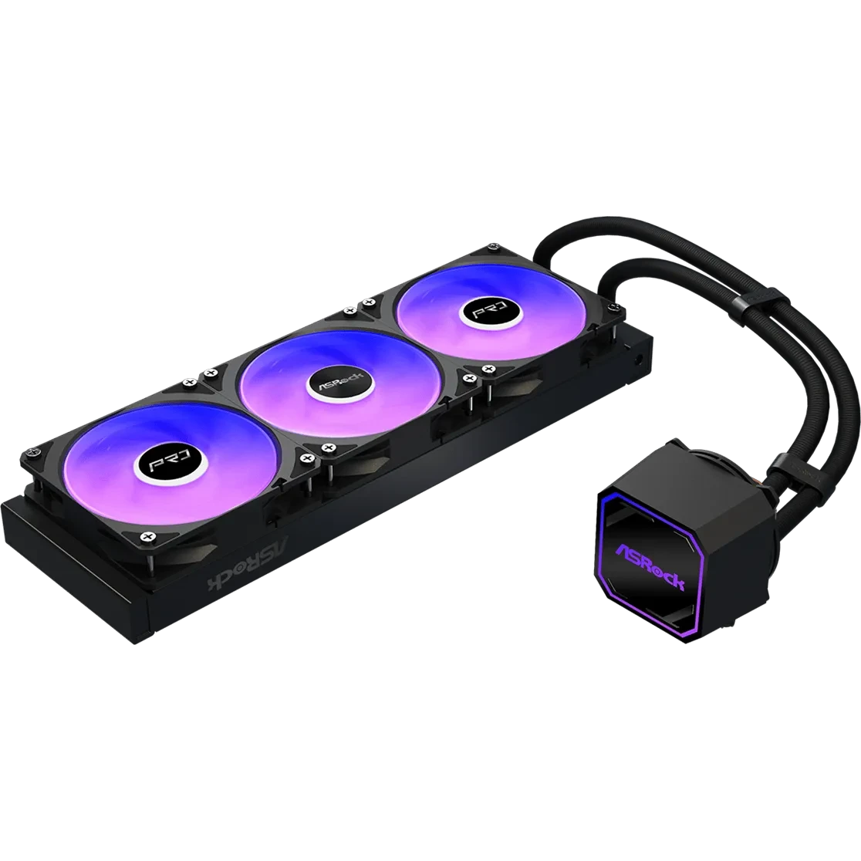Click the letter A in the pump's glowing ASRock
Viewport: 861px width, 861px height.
tap(622, 549)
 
